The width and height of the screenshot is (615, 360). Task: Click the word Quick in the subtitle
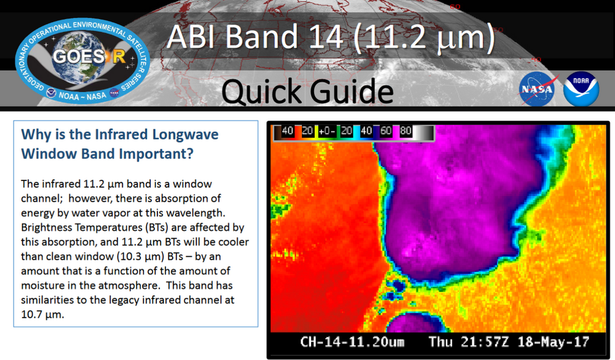[x=263, y=91]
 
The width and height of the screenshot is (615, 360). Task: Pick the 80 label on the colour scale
[x=405, y=132]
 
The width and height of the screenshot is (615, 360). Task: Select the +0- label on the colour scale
[x=327, y=132]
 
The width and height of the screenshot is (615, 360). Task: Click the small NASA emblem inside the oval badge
[x=114, y=94]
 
